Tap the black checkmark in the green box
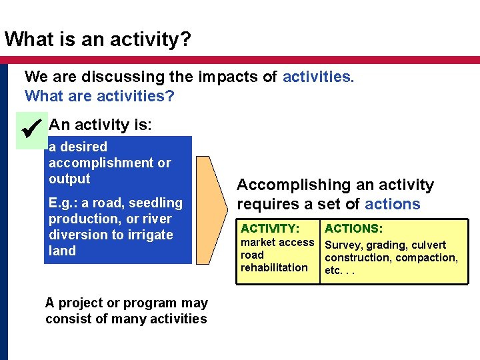pyautogui.click(x=32, y=127)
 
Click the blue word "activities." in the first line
pyautogui.click(x=318, y=77)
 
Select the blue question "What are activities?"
pyautogui.click(x=99, y=96)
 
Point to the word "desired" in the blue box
pyautogui.click(x=83, y=147)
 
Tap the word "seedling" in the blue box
pyautogui.click(x=155, y=203)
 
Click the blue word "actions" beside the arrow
pyautogui.click(x=393, y=204)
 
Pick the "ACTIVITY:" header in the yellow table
pyautogui.click(x=270, y=229)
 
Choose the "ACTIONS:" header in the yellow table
pyautogui.click(x=353, y=229)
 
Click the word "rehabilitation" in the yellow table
pyautogui.click(x=274, y=267)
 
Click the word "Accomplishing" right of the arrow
pyautogui.click(x=285, y=185)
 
